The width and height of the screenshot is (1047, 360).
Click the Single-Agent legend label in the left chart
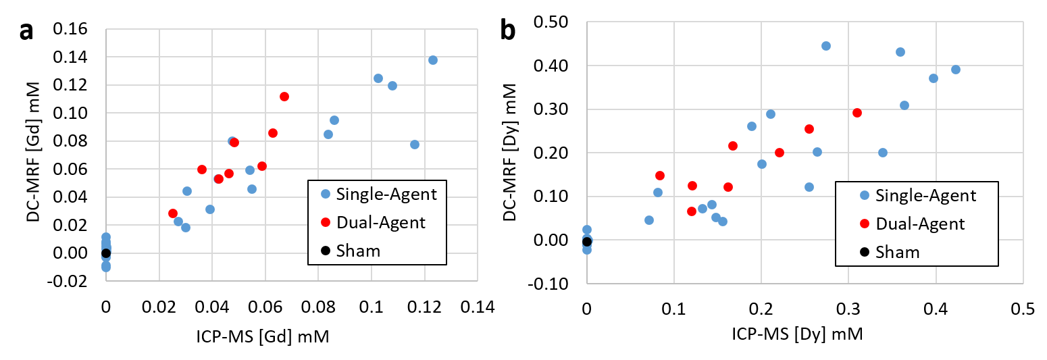pos(386,195)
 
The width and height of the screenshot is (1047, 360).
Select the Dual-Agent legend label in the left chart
pos(380,222)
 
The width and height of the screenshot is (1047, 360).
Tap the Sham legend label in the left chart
pos(358,251)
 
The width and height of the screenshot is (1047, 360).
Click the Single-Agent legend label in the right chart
pos(925,196)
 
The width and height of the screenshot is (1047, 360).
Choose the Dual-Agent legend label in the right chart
pos(920,224)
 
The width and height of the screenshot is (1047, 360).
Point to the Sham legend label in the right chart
pos(897,253)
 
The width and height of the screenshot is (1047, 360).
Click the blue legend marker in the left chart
pos(326,195)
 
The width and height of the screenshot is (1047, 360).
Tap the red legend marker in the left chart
pos(326,222)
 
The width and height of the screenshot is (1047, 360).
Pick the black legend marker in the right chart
pos(865,253)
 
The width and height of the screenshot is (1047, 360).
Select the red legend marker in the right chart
pos(865,224)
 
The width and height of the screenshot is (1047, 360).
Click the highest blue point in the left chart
pos(433,60)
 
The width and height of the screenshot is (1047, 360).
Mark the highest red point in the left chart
pos(284,97)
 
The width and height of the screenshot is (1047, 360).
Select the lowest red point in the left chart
pos(173,213)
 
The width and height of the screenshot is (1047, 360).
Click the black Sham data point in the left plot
pos(106,253)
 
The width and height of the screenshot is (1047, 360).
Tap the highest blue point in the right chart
pos(826,46)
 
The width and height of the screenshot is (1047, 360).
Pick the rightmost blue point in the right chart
pos(956,70)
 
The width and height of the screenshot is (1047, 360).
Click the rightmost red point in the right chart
pos(857,113)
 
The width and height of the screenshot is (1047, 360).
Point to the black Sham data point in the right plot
pos(587,242)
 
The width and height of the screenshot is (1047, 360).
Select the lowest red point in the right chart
pos(692,211)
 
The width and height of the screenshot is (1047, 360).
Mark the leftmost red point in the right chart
pos(660,176)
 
